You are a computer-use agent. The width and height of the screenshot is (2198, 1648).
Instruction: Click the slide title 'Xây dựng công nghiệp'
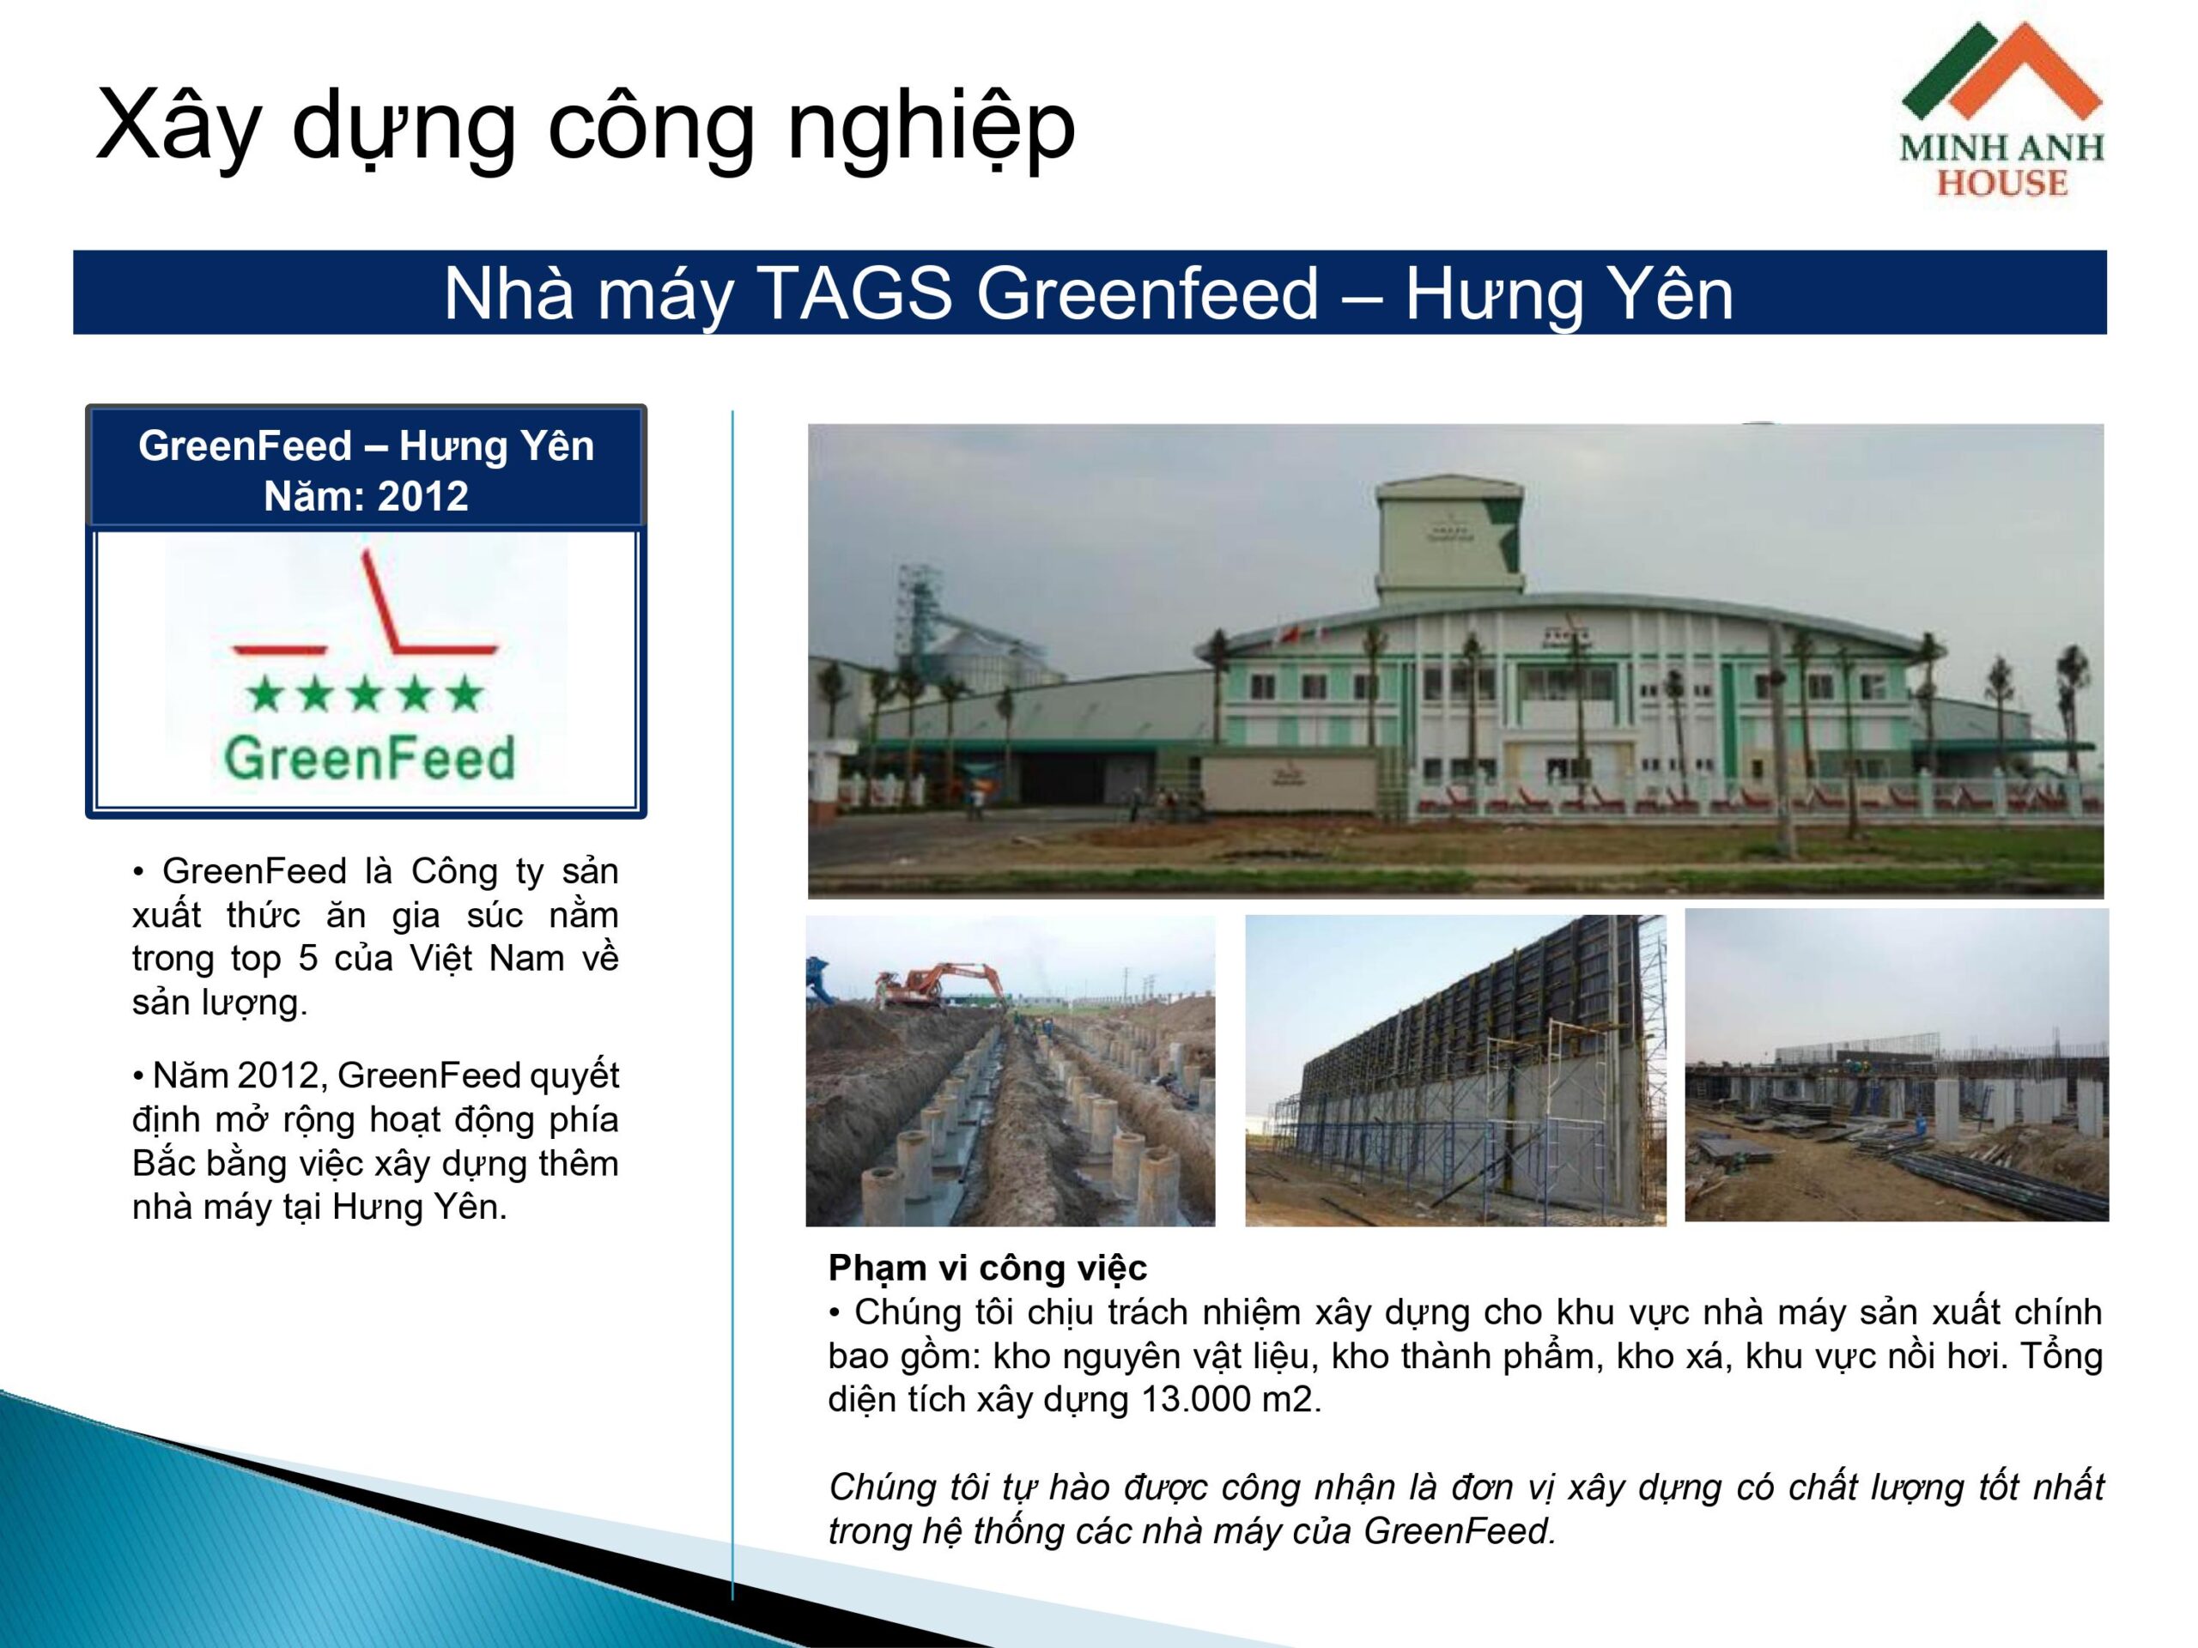586,126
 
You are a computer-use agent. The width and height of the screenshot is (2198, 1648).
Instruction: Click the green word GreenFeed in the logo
370,758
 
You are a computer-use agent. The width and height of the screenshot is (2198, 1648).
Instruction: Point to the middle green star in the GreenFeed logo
365,694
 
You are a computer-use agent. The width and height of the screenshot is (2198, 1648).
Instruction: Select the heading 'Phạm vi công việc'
987,1268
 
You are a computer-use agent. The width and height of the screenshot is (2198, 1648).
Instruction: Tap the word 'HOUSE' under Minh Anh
2002,183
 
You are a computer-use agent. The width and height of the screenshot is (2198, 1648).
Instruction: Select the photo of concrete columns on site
1896,1065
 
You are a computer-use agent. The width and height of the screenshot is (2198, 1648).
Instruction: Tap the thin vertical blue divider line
732,1004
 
